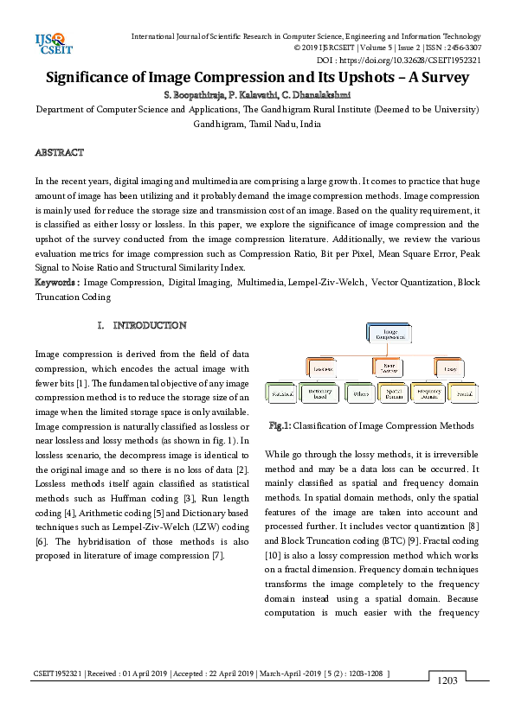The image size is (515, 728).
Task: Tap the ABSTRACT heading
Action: (x=59, y=152)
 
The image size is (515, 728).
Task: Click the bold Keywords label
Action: (x=57, y=283)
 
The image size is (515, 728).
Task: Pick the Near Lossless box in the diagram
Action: (x=386, y=367)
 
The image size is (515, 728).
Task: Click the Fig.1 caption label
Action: (x=280, y=425)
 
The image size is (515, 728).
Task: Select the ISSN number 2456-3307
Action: (x=462, y=48)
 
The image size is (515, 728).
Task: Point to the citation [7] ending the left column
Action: (x=218, y=555)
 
